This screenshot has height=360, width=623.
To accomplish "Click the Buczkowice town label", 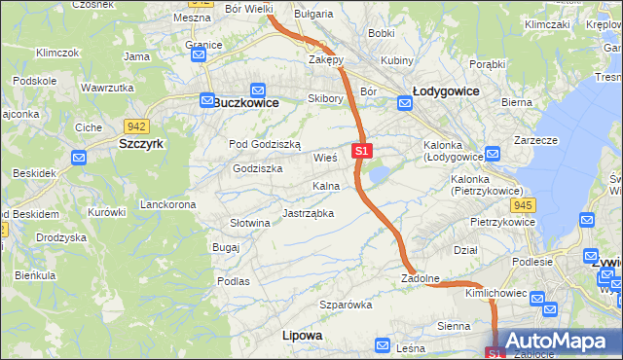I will click(245, 102).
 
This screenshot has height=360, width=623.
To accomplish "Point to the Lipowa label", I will click(302, 335).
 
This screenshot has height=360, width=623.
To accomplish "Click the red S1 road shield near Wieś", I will click(362, 152).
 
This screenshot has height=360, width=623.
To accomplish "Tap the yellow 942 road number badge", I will click(135, 126).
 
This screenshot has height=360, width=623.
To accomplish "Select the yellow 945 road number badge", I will click(523, 204).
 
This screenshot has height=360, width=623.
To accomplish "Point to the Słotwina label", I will click(249, 223).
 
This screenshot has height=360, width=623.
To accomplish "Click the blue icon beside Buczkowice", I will click(206, 100).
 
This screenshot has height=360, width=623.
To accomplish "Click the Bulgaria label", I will click(313, 14).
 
